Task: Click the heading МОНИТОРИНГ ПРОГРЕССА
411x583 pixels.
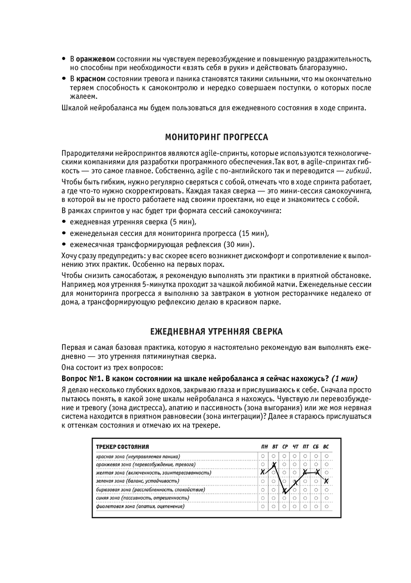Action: point(216,136)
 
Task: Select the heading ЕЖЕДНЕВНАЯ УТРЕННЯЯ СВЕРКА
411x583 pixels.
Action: point(216,331)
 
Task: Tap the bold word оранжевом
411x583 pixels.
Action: point(95,59)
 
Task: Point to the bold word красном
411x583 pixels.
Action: point(90,79)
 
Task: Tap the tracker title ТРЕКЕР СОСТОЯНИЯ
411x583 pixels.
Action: point(122,447)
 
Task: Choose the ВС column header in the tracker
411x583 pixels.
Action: point(326,447)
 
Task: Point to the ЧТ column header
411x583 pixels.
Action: point(295,447)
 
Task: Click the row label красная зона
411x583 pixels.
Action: point(110,456)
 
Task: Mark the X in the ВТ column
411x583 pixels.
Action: point(274,465)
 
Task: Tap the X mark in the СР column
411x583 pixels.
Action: point(284,490)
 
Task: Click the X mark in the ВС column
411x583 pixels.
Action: point(326,481)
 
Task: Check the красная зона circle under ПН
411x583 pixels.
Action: point(263,456)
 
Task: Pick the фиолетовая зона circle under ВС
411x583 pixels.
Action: point(326,507)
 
